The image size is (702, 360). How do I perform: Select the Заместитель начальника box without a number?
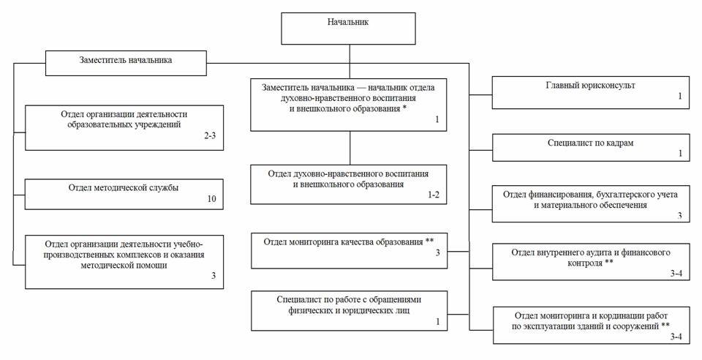126,61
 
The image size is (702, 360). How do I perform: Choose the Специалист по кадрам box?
591,148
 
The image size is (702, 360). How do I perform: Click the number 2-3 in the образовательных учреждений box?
210,136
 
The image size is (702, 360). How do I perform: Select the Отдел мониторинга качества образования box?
349,250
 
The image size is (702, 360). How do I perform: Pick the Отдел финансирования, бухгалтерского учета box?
591,203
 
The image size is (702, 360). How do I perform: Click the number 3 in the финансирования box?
679,216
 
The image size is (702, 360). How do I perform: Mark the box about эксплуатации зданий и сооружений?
591,324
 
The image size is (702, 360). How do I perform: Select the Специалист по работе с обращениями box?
349,310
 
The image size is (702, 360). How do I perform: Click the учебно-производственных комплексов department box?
124,260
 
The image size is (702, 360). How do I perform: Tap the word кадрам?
618,143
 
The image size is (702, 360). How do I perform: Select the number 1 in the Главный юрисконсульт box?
679,97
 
